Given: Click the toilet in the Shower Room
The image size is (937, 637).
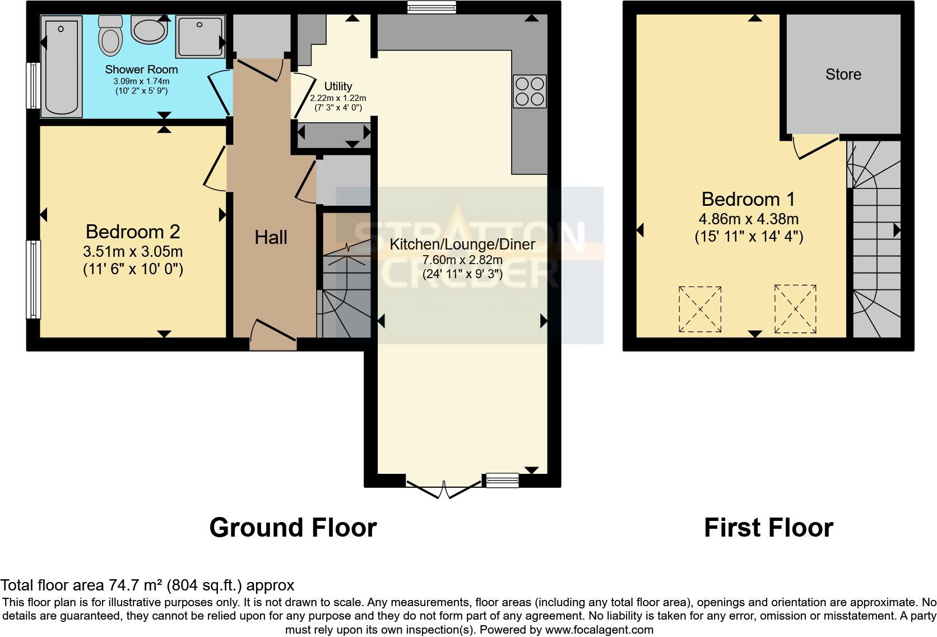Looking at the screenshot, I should pyautogui.click(x=110, y=35).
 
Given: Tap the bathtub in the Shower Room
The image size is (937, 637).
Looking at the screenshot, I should pyautogui.click(x=62, y=66).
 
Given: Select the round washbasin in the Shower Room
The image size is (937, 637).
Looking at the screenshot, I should pyautogui.click(x=149, y=29).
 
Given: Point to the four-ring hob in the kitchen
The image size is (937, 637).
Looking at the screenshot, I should pyautogui.click(x=530, y=91).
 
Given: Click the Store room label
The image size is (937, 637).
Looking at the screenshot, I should pyautogui.click(x=843, y=74).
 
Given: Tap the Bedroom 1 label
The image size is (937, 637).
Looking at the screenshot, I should pyautogui.click(x=748, y=199).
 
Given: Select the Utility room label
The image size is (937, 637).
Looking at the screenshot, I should pyautogui.click(x=338, y=86).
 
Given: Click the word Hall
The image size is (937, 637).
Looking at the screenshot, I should pyautogui.click(x=271, y=237).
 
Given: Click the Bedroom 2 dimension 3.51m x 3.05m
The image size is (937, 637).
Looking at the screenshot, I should pyautogui.click(x=133, y=251).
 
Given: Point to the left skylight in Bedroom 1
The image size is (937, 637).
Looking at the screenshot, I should pyautogui.click(x=700, y=309).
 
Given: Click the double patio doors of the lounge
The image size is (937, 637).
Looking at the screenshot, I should pyautogui.click(x=443, y=489).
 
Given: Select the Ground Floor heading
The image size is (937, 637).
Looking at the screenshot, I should pyautogui.click(x=293, y=528).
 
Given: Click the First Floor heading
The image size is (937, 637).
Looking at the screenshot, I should pyautogui.click(x=768, y=528).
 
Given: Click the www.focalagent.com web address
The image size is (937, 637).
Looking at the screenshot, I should pyautogui.click(x=599, y=630).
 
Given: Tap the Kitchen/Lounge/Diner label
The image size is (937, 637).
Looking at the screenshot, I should pyautogui.click(x=462, y=244).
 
